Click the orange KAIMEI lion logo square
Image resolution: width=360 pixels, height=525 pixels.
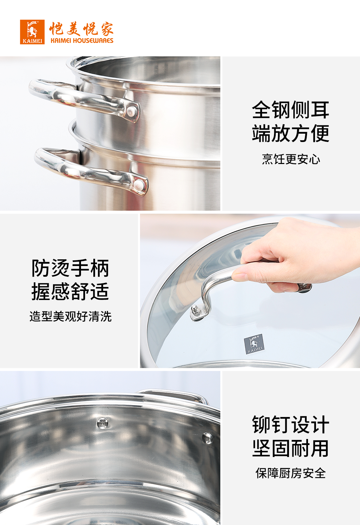click(32, 32)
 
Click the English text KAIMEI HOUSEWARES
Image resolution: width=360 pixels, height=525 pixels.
click(82, 41)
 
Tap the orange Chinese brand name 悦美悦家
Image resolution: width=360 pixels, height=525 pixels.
click(81, 29)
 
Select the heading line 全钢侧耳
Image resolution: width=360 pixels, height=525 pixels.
click(291, 110)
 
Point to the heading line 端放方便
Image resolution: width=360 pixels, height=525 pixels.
click(291, 133)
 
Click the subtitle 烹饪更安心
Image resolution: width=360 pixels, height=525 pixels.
click(291, 159)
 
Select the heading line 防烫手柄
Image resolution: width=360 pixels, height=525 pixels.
click(70, 268)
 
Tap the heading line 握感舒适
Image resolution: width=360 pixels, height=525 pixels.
click(70, 291)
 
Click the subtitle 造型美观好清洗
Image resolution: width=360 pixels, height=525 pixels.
click(71, 316)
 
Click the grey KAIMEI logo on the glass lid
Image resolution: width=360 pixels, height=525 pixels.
click(254, 344)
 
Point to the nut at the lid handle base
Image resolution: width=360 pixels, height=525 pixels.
click(195, 310)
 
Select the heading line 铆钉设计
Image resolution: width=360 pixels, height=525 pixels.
click(291, 425)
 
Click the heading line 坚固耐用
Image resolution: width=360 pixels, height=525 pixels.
click(291, 448)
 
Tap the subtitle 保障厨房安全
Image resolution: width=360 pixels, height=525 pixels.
click(291, 473)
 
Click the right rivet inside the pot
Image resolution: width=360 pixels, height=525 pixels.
click(207, 438)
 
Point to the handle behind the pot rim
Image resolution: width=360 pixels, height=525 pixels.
click(173, 396)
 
